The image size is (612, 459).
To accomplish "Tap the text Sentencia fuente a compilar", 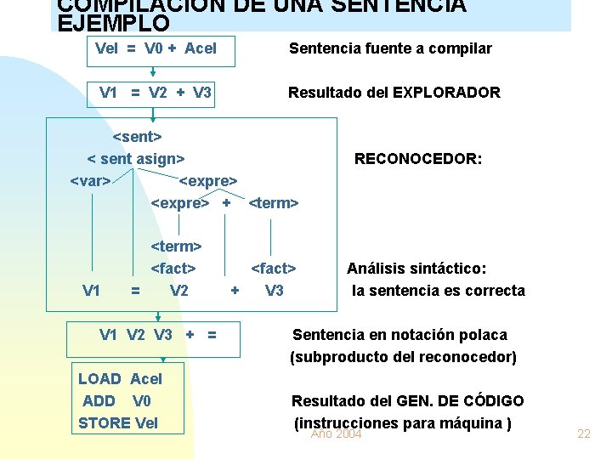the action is [390, 48].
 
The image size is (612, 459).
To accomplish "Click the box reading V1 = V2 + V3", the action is [156, 93].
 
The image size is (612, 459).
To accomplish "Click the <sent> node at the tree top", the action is [137, 136].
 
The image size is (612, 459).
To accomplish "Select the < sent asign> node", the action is [136, 158].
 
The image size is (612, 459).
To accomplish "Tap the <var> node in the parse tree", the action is [89, 180].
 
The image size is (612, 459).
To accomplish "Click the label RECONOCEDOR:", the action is [418, 159].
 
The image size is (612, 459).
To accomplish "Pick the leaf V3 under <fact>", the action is [274, 291].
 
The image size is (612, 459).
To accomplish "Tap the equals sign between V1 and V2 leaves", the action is [135, 291].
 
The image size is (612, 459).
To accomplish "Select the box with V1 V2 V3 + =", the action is [158, 335].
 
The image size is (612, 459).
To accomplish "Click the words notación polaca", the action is [456, 335].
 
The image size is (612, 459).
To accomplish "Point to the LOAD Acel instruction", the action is [120, 379].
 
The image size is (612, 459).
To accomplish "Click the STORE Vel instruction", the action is [118, 422].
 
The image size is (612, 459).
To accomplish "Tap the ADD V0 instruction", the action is [116, 400].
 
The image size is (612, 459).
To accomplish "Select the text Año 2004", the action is [337, 434].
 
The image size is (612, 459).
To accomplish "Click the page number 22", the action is [584, 434].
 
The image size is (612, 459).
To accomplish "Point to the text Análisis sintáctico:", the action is [416, 269].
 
